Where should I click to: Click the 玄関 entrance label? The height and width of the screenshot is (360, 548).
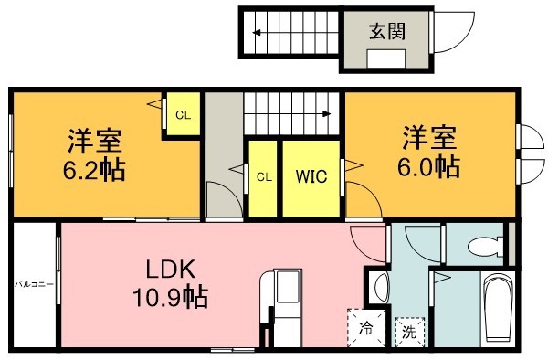387,30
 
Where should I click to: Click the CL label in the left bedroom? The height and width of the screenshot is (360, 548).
184,115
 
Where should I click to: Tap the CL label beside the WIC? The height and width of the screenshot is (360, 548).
263,175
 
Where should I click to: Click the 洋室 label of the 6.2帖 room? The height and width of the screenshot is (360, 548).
95,142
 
